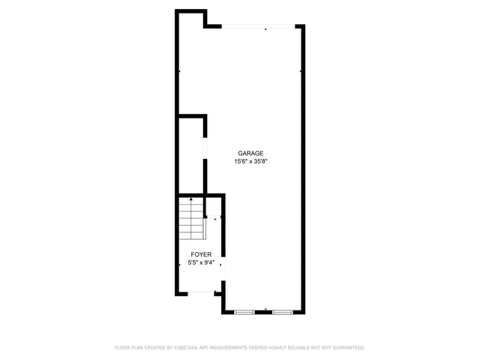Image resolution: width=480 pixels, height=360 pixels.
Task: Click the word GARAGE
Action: [x=250, y=153]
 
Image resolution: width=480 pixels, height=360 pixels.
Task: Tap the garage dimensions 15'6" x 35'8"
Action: [x=250, y=161]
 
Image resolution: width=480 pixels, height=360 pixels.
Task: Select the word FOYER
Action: [x=200, y=254]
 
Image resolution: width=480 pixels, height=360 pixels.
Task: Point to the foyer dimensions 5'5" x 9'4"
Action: [x=200, y=262]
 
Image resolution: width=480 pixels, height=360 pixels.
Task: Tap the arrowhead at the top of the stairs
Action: [x=191, y=199]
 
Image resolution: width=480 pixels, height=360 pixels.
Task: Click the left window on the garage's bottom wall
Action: [x=245, y=311]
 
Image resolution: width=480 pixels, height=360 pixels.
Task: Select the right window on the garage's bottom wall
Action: [x=283, y=311]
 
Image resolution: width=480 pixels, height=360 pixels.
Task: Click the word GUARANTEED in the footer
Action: [x=346, y=348]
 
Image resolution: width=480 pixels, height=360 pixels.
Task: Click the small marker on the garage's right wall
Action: [x=301, y=72]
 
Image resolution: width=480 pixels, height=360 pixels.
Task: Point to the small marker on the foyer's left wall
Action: [x=179, y=264]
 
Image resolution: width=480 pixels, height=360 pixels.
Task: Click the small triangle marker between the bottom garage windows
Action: [x=265, y=310]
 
